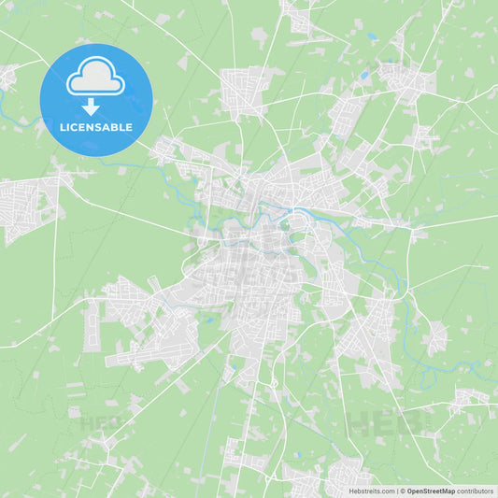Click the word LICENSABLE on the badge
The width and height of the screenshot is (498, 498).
click(96, 128)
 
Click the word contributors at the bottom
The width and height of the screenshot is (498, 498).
click(475, 491)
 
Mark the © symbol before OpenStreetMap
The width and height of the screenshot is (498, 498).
click(402, 491)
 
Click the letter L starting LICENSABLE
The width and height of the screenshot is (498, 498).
click(63, 128)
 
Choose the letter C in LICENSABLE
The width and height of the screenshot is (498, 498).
click(76, 128)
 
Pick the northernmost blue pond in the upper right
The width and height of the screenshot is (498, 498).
click(372, 36)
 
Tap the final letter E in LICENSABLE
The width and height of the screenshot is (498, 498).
click(129, 128)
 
